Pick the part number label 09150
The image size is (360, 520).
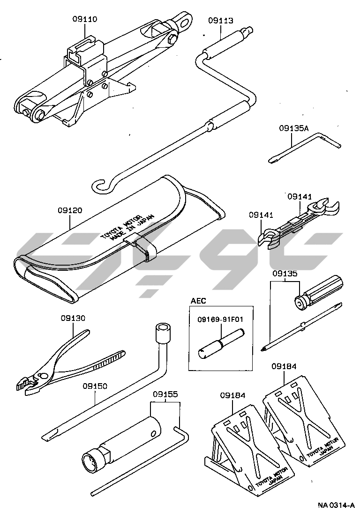tap(95, 386)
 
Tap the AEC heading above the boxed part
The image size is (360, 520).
tap(198, 301)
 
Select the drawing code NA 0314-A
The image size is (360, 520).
tap(336, 505)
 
